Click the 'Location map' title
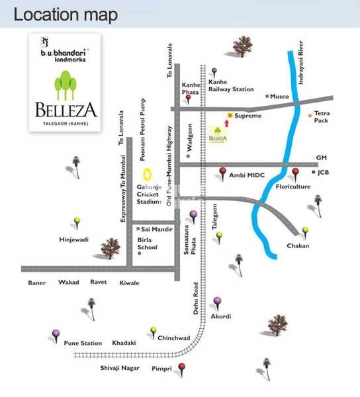click(66, 14)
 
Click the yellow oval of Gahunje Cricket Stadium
click(148, 175)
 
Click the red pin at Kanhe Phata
click(189, 98)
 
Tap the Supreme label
click(248, 116)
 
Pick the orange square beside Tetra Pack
click(311, 116)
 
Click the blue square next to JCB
click(313, 172)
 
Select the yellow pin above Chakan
click(305, 231)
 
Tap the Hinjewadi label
click(73, 240)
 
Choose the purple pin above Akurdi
click(216, 302)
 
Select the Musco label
click(280, 97)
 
